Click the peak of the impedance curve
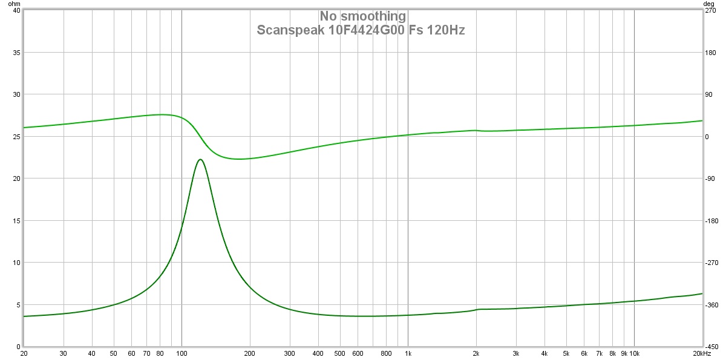(x=200, y=159)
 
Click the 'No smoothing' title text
(x=363, y=16)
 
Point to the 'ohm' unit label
(x=13, y=4)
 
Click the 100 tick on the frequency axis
(x=181, y=353)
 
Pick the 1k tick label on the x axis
(x=408, y=353)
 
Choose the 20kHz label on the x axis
(x=702, y=353)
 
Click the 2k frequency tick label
(x=476, y=353)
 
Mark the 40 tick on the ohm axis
(x=16, y=10)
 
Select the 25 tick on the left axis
(x=16, y=137)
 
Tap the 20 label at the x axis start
(x=24, y=353)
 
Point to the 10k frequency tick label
(x=634, y=353)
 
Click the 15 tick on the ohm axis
(x=16, y=221)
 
